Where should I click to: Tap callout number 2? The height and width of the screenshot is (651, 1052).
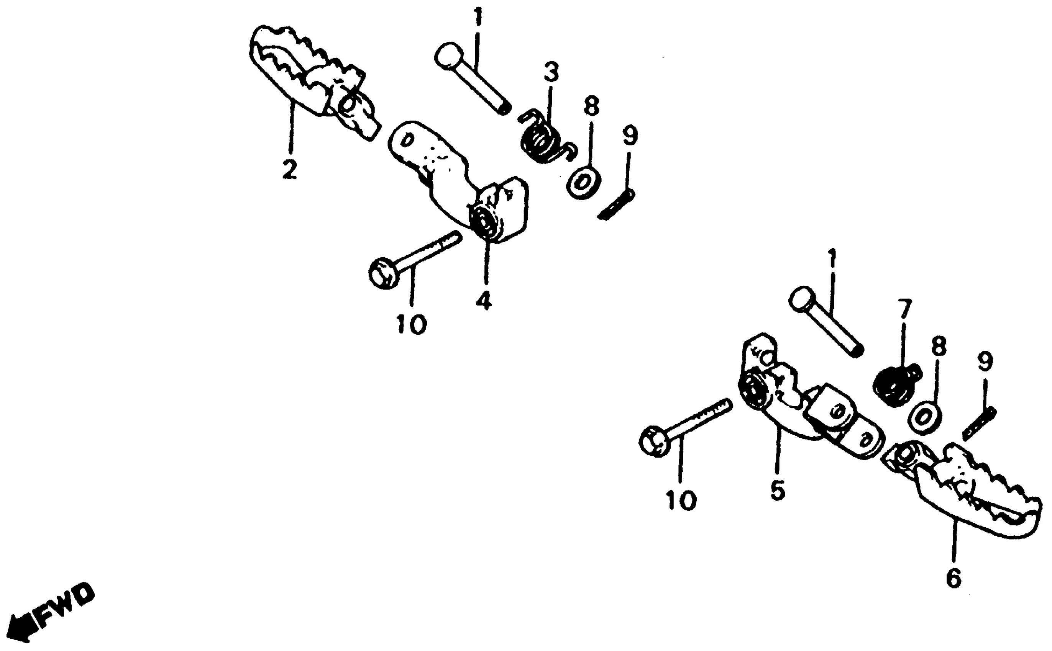289,169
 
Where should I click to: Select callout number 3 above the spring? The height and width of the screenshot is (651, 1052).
551,72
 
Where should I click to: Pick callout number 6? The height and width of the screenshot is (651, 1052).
954,577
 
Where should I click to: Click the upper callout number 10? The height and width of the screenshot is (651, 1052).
411,324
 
